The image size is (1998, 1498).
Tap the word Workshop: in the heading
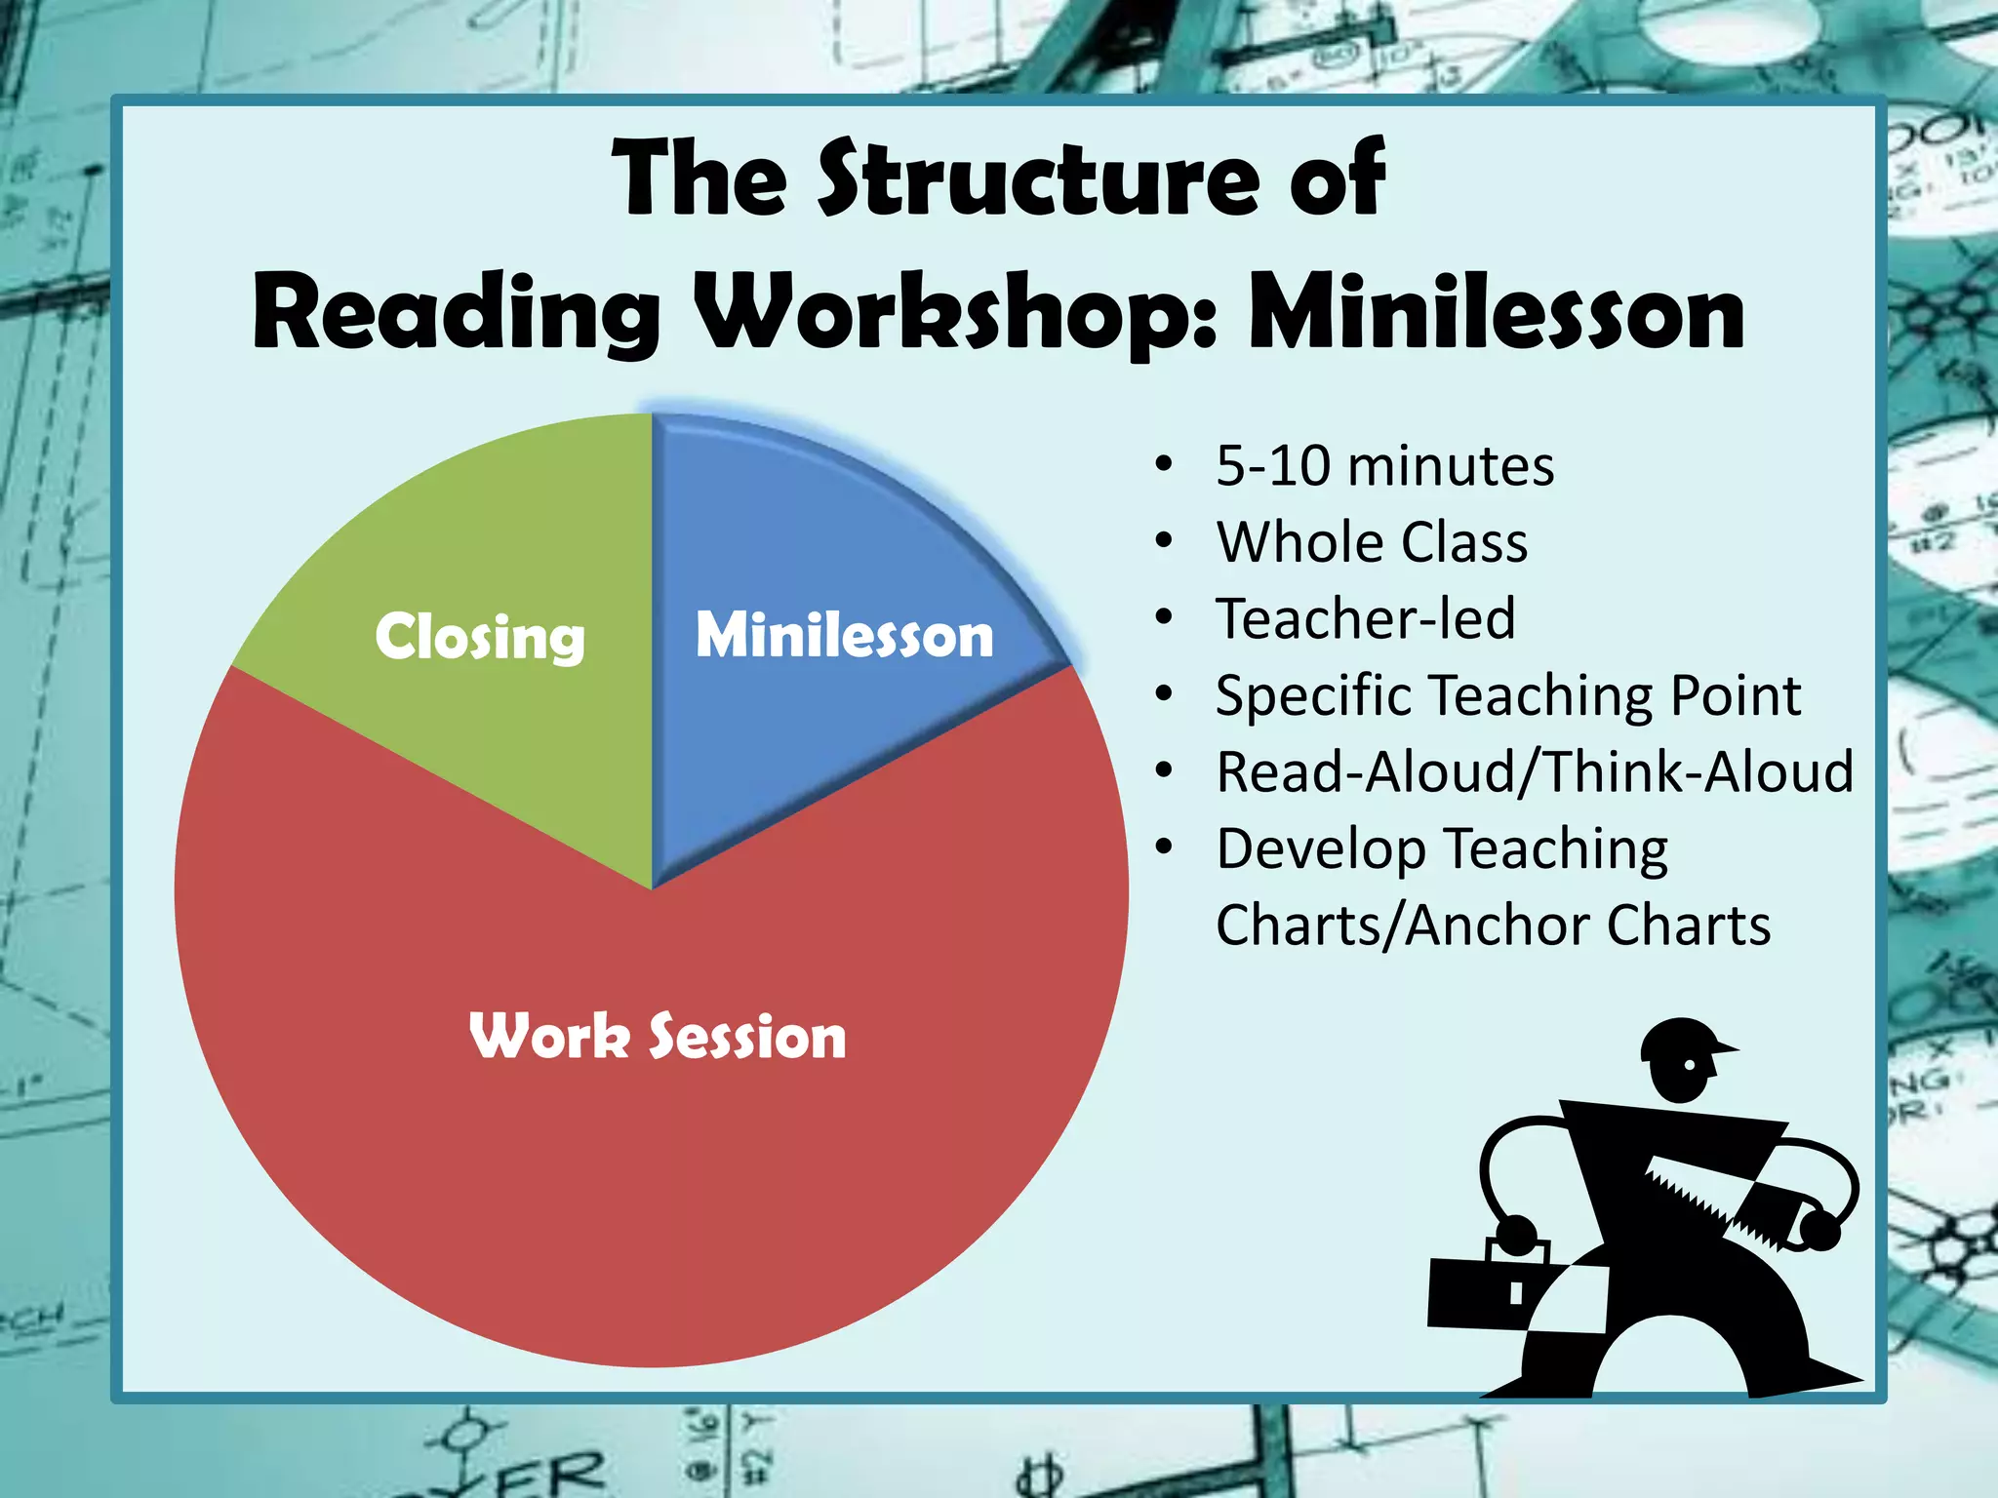(958, 314)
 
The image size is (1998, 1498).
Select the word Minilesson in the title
(1497, 314)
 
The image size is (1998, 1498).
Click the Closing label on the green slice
(480, 638)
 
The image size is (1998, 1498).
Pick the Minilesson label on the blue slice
(844, 635)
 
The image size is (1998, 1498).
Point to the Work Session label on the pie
(658, 1036)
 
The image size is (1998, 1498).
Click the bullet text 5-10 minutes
(1384, 466)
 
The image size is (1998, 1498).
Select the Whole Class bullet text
(1372, 542)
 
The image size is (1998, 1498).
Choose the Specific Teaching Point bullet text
(1508, 695)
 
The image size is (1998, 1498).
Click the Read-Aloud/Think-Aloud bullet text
(1535, 771)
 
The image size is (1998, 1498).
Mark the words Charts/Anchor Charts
(1493, 925)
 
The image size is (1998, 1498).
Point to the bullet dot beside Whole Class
(1163, 542)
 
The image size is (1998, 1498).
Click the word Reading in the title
(457, 314)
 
